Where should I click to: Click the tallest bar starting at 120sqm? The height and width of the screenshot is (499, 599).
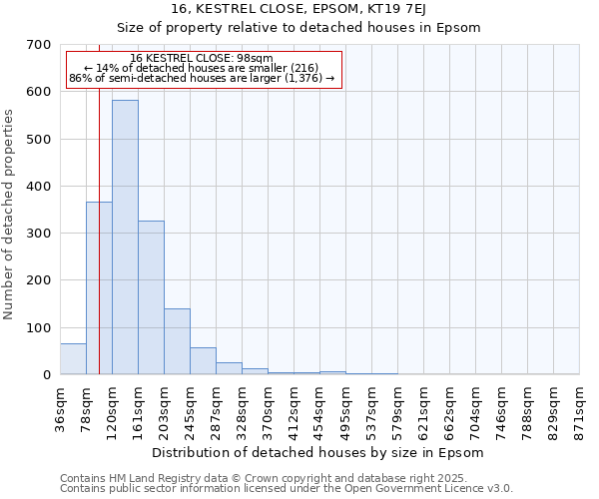(x=125, y=238)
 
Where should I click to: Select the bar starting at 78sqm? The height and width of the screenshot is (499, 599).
(x=99, y=288)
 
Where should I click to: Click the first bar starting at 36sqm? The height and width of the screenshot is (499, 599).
(x=73, y=359)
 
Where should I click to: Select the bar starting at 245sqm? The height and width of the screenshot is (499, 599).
(x=203, y=361)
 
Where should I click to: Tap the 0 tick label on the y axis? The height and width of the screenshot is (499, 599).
(x=46, y=375)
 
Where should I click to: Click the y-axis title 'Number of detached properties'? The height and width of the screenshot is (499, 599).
(x=9, y=215)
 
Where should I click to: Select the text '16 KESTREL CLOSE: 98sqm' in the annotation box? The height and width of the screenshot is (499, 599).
(x=201, y=59)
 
